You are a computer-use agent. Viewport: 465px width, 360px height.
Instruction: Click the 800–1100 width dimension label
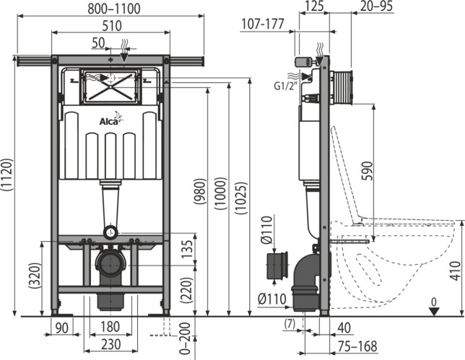pos(114,9)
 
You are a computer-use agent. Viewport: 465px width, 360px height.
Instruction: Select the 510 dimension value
pos(112,26)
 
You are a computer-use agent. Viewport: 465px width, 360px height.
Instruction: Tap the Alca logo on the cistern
pos(111,119)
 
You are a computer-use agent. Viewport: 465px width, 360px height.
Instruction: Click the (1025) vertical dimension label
pos(241,198)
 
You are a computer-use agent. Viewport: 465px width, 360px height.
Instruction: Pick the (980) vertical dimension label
pos(199,191)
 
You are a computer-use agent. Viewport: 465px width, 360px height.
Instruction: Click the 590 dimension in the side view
pos(367,171)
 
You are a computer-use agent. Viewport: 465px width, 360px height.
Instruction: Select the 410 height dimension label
pos(455,271)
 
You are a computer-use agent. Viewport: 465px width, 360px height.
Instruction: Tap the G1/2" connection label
pos(285,86)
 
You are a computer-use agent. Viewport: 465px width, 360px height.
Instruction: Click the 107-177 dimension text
pos(262,24)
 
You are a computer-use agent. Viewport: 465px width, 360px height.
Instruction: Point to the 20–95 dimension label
pos(376,6)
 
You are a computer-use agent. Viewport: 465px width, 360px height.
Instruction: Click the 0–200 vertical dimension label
pos(185,338)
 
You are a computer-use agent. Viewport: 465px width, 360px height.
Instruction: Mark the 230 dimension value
pos(111,344)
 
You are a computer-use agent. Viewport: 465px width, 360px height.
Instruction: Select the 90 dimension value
pos(61,328)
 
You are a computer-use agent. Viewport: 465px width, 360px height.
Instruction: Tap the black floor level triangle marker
pos(434,312)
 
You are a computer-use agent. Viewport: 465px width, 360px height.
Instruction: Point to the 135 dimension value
pos(187,249)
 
